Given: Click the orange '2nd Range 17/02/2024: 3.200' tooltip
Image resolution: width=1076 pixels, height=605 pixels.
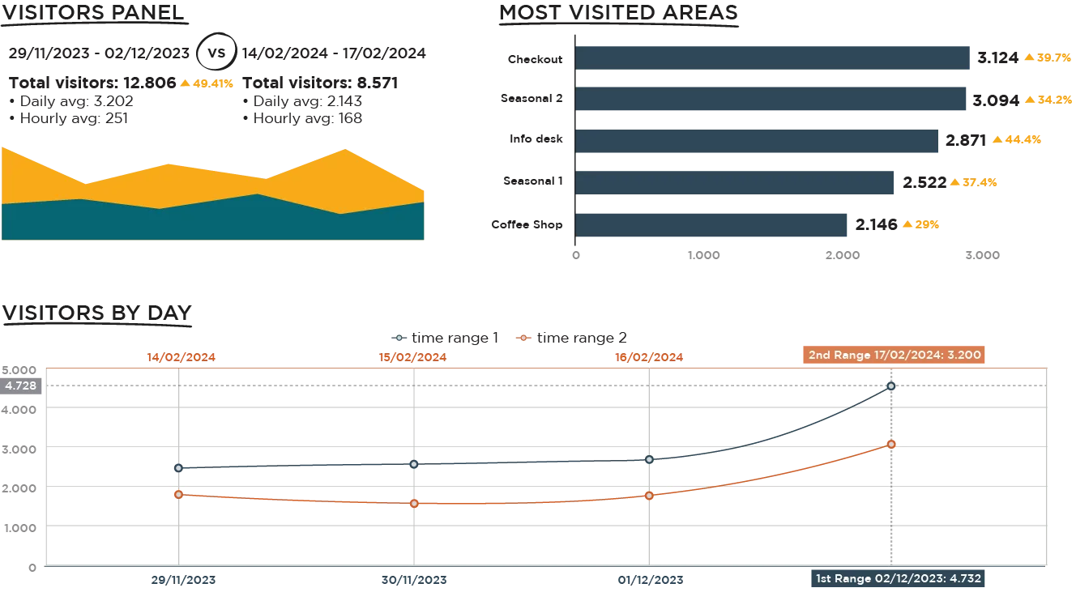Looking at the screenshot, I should point(893,355).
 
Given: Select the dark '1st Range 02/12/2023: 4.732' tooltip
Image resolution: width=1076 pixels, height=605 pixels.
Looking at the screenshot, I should point(898,578).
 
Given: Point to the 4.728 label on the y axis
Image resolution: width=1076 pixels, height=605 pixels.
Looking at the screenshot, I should point(21,386).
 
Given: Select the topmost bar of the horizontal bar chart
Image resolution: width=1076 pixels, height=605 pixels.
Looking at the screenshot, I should point(773,58).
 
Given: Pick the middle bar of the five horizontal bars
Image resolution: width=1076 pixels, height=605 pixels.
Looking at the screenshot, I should point(757,141).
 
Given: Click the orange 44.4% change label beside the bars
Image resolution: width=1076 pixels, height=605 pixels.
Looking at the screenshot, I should point(1017,140).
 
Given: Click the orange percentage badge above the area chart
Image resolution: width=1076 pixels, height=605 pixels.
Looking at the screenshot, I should point(207,83).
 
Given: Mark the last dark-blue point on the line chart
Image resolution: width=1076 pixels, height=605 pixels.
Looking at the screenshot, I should point(891,386).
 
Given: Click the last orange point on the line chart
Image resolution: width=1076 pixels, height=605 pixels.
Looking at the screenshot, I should point(891,444).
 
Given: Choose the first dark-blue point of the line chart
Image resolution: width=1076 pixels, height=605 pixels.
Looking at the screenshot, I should point(178,467).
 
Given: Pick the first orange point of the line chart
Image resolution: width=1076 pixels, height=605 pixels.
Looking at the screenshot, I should point(178,493).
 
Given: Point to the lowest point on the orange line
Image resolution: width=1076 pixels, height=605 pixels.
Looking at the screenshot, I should point(414,504).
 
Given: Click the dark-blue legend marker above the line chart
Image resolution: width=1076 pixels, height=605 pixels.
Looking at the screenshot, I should point(399,337).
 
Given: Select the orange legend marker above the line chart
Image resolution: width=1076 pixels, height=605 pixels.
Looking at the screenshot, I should point(523,337).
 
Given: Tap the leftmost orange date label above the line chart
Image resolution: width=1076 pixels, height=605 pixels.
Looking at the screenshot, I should point(181,356).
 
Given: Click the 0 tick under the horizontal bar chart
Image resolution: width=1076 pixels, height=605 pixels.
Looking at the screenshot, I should point(577,253).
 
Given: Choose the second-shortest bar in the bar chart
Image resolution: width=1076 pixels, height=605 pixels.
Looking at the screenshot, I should point(734,182).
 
